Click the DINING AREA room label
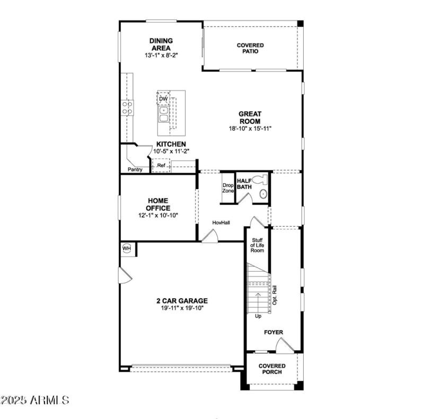(x=161, y=44)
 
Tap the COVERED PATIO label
(x=250, y=49)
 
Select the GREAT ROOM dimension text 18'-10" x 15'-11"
(x=250, y=128)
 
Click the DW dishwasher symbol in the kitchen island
(x=163, y=99)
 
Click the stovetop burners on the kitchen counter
(x=127, y=108)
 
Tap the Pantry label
(x=135, y=170)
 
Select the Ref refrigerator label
(x=161, y=166)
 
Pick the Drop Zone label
(x=228, y=188)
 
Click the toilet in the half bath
(x=259, y=180)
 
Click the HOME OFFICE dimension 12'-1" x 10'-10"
(x=158, y=215)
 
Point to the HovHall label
(x=221, y=222)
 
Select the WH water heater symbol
(x=127, y=248)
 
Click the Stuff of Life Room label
(x=257, y=245)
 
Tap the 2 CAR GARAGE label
(x=182, y=301)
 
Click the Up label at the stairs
(x=258, y=316)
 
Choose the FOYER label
(x=273, y=332)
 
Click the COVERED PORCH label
(x=272, y=369)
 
